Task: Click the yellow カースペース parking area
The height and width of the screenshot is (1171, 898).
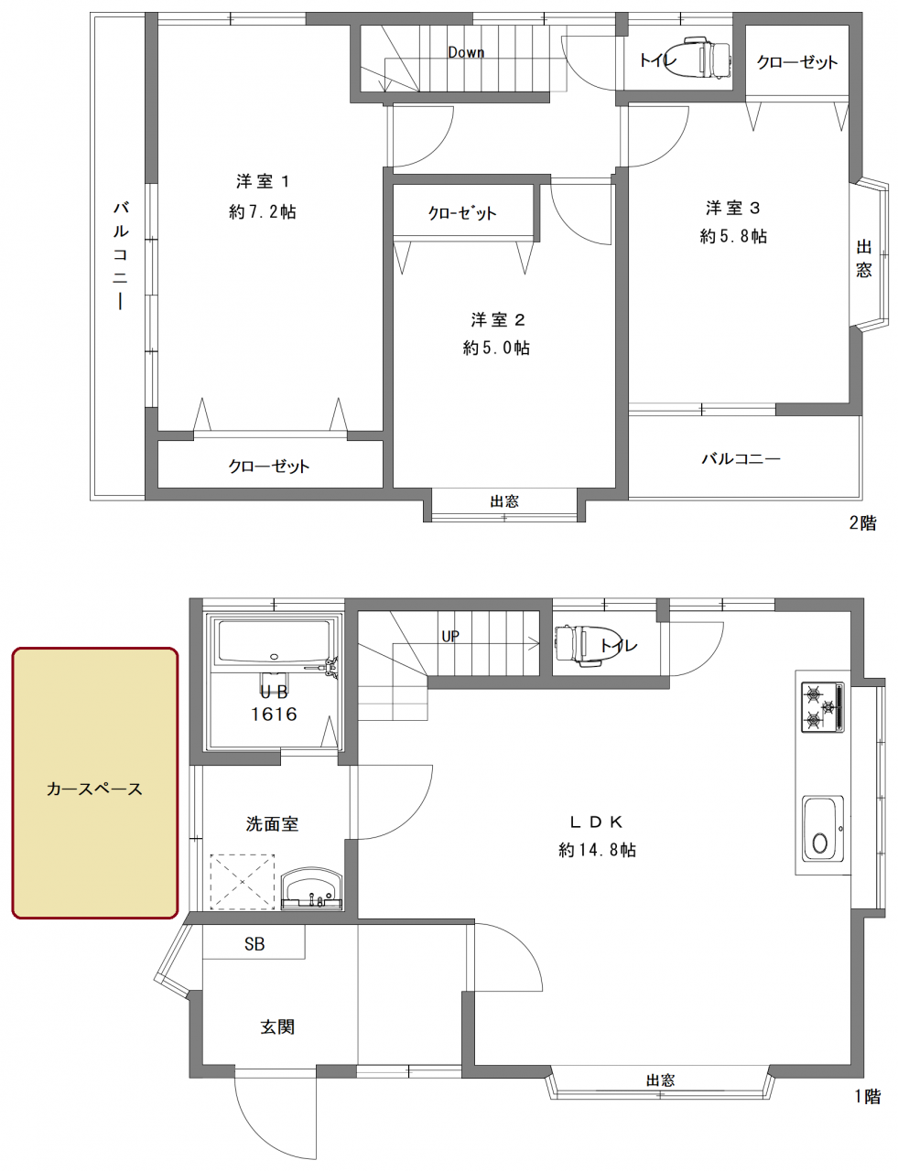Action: [94, 782]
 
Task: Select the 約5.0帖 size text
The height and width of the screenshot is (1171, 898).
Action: [496, 349]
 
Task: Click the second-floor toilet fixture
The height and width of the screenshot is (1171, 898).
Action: [704, 59]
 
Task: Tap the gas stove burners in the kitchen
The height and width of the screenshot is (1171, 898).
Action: [822, 707]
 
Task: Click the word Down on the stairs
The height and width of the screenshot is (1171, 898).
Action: [466, 53]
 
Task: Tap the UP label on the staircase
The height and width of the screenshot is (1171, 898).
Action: [449, 637]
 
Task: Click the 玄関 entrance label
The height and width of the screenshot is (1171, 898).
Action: [277, 1027]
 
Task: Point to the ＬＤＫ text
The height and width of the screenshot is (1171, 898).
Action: [597, 821]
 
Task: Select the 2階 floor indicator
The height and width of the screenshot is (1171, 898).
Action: [862, 524]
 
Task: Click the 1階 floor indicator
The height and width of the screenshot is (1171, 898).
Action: [867, 1097]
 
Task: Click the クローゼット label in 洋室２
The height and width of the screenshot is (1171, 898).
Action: [462, 213]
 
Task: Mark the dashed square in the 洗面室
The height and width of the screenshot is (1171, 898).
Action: [243, 882]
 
